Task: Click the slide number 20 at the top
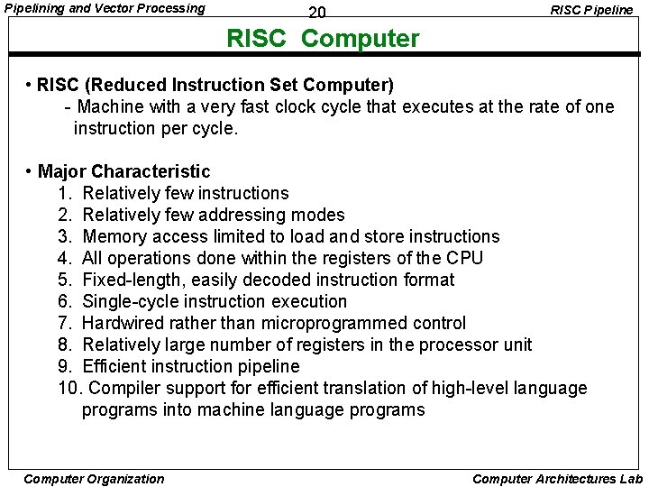[x=316, y=13]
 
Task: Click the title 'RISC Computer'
[x=323, y=39]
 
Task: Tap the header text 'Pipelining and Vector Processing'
[x=105, y=9]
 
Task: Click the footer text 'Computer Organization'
[x=94, y=479]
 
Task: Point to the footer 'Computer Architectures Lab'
[x=557, y=479]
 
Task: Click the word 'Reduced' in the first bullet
[x=126, y=86]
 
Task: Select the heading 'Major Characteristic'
[x=124, y=171]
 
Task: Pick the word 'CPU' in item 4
[x=465, y=258]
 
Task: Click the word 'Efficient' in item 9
[x=116, y=366]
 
